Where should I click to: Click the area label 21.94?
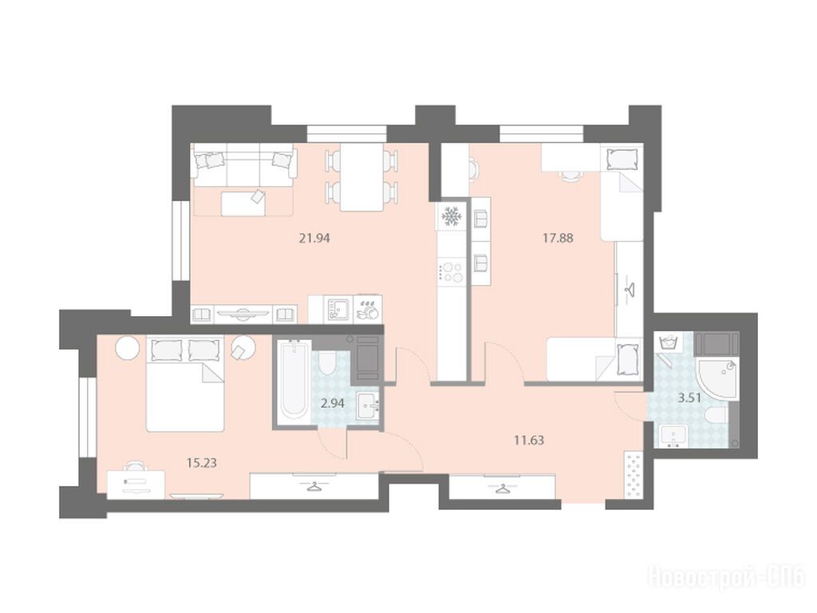coord(314,239)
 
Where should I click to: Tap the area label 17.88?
coord(558,239)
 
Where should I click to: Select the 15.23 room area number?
coord(202,462)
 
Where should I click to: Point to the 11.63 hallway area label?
coord(529,441)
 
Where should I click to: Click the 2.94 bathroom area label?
coord(332,403)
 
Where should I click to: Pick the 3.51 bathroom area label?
coord(689,398)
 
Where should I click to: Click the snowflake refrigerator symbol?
coord(450,216)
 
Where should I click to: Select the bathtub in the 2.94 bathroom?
coord(293,379)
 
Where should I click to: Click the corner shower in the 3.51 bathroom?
coord(716,379)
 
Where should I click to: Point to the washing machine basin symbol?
coord(668,344)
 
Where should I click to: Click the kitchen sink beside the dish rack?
coord(338,309)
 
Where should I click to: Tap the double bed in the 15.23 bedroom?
coord(185,384)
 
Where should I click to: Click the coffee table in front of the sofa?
coord(243,203)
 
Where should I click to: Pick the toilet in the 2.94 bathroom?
coord(327,363)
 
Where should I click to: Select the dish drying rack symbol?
coord(368,309)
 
